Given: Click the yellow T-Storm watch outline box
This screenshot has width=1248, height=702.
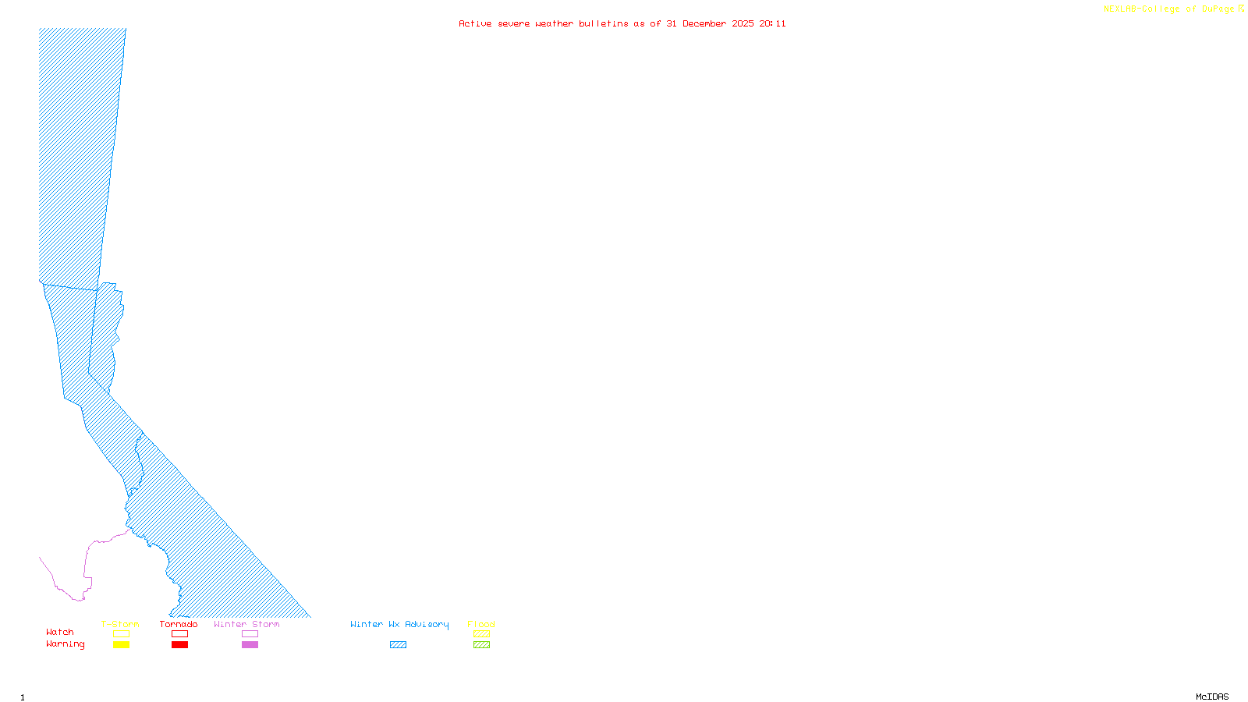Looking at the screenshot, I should (121, 634).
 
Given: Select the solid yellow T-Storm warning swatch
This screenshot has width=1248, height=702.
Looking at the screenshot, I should (121, 645).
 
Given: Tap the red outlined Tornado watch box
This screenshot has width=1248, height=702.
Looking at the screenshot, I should (179, 634).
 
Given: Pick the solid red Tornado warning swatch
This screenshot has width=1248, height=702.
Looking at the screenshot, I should (179, 645).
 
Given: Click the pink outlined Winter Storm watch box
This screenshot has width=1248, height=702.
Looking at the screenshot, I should (250, 634).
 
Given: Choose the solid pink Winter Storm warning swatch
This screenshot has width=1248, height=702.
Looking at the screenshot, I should (250, 645).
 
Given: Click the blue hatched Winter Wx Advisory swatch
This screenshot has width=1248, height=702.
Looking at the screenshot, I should (398, 645).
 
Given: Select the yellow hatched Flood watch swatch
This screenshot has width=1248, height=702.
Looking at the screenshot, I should (481, 634).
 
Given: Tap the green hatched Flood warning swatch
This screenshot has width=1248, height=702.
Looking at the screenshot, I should (481, 645).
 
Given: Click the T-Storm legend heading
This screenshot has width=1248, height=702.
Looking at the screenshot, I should (120, 624).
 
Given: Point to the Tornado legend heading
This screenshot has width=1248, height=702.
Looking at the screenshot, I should (179, 624).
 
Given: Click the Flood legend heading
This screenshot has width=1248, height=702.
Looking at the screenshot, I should (481, 624).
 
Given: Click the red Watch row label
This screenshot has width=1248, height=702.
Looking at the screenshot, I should (60, 633).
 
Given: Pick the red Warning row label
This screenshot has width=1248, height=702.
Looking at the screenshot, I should (65, 644).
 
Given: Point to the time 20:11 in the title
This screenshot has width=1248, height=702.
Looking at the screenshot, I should (772, 23).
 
